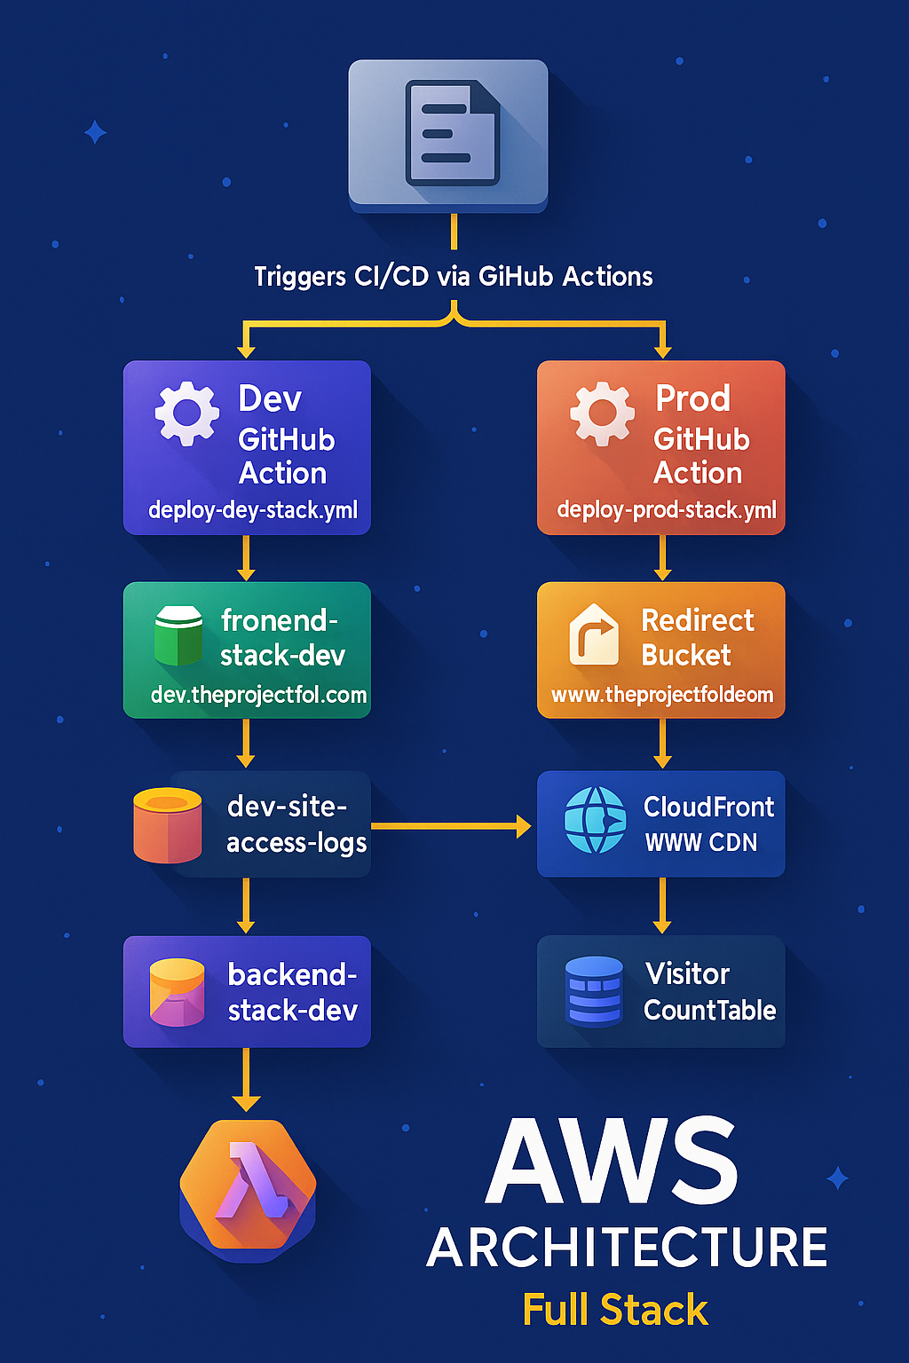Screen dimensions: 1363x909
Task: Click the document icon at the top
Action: pos(450,133)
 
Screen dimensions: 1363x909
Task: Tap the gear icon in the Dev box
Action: pos(186,414)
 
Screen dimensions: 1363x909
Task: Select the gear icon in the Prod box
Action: pos(602,414)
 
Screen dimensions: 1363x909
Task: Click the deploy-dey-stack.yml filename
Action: pos(253,510)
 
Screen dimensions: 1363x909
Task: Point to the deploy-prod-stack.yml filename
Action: pos(666,510)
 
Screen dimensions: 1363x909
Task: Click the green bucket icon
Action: pos(178,635)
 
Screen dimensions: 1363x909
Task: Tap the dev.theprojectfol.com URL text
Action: pos(258,695)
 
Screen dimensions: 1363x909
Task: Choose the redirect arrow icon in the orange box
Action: pos(593,634)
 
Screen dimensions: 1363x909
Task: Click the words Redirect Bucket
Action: pos(697,637)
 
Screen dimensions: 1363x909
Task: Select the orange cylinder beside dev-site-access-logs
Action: pos(167,825)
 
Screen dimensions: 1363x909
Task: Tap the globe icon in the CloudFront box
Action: pos(595,820)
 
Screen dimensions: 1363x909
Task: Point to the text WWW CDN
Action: pos(701,843)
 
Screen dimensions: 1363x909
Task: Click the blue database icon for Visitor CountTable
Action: pos(594,991)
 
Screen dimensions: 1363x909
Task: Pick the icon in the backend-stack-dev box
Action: pos(177,992)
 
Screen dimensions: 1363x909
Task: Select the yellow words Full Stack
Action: pos(615,1310)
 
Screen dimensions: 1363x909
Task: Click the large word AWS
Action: pos(612,1162)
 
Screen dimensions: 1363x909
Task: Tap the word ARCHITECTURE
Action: pos(627,1248)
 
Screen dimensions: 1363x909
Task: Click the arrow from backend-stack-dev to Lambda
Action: pos(246,1079)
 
